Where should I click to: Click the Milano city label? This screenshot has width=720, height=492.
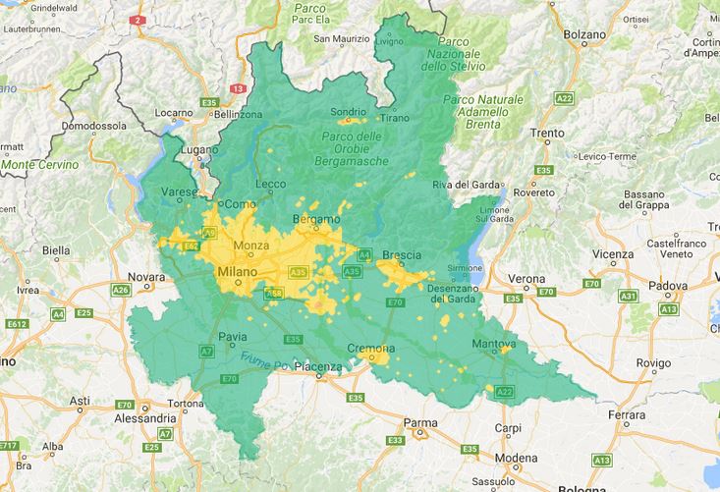click(x=236, y=270)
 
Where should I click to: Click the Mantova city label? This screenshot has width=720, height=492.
click(x=493, y=345)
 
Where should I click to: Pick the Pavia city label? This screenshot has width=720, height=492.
click(x=232, y=337)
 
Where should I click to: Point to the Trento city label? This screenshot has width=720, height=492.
click(x=547, y=133)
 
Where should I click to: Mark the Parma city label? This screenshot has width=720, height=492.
click(x=419, y=424)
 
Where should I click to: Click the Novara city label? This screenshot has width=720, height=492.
click(x=145, y=278)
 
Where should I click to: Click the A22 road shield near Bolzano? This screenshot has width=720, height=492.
click(x=564, y=98)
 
